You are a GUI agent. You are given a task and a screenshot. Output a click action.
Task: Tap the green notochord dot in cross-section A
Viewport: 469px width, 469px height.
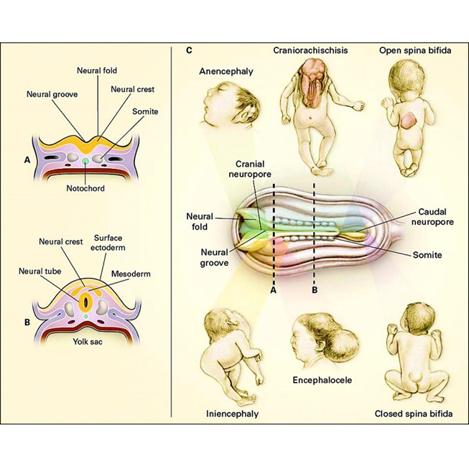[x=86, y=162]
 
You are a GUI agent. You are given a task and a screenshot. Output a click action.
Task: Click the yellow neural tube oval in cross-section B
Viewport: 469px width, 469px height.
[x=86, y=297]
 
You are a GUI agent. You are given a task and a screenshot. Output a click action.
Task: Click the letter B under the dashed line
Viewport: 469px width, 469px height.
[x=315, y=291]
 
